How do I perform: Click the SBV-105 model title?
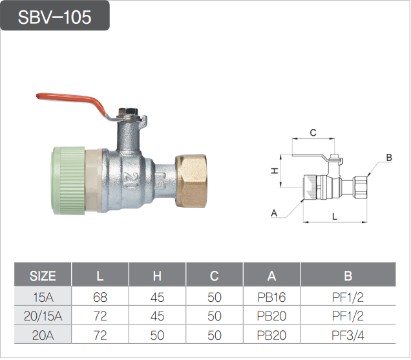point(55,17)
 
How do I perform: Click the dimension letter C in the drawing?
point(313,133)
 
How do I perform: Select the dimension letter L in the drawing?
point(334,217)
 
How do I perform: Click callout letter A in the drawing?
point(274,213)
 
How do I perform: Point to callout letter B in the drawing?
point(388,158)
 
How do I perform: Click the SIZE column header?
point(43,276)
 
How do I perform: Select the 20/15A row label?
point(43,317)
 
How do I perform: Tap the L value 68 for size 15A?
point(100,298)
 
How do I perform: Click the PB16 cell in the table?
point(271,298)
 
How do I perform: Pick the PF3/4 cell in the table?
point(348,335)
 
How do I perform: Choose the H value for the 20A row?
point(157,335)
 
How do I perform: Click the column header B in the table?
point(348,276)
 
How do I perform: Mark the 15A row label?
point(43,298)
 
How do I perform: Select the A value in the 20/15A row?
point(271,317)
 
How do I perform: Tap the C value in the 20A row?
point(215,335)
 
